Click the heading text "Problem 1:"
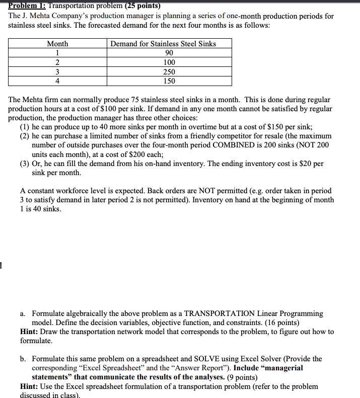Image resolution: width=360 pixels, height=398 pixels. coord(27,7)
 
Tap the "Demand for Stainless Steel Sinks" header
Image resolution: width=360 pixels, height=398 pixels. coord(163,44)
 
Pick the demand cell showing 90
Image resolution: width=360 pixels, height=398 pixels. coord(169,53)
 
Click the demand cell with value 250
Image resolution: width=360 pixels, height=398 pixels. coord(169,72)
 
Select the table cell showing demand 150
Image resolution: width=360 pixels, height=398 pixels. coord(169,81)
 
